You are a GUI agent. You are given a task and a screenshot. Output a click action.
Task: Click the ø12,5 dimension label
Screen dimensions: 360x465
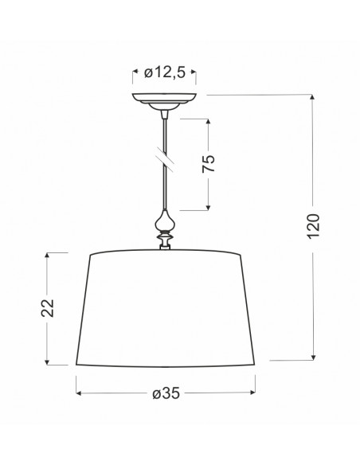pos(165,72)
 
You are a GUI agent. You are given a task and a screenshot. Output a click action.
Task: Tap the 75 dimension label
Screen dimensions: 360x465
pos(208,163)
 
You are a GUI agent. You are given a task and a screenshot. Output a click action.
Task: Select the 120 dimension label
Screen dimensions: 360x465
pos(313,226)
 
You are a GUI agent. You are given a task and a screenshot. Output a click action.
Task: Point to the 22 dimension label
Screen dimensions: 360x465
pos(48,308)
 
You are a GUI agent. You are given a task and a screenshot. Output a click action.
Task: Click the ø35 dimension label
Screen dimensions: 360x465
pos(166,393)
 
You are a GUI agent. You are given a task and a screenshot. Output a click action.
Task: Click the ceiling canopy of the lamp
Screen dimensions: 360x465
pos(164,101)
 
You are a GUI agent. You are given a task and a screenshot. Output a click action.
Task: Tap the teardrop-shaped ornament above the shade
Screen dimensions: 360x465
pos(164,221)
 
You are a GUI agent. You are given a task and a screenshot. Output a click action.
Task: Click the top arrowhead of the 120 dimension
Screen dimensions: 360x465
pos(311,98)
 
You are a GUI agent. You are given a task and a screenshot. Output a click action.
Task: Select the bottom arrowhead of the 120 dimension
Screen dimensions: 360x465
pos(313,358)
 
